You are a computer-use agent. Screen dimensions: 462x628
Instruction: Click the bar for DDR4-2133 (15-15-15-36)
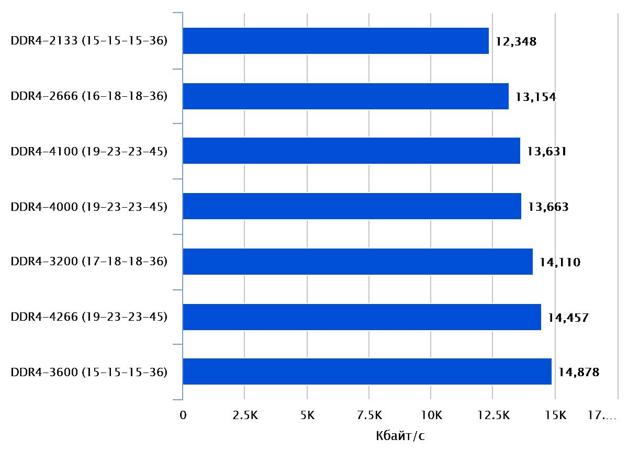point(335,41)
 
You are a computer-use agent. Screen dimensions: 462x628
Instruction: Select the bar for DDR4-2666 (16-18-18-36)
point(345,96)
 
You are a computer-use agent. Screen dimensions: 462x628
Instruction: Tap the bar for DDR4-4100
point(351,151)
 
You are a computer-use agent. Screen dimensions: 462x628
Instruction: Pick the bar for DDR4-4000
point(352,207)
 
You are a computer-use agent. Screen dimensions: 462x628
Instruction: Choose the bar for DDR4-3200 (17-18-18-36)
point(357,262)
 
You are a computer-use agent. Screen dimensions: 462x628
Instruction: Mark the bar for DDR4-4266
point(362,317)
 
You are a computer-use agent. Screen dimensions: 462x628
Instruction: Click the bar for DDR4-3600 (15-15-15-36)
point(367,372)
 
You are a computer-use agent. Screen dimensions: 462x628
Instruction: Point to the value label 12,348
point(516,41)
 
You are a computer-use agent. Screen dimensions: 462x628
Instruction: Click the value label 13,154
point(535,97)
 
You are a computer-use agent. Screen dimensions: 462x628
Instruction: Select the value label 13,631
point(547,152)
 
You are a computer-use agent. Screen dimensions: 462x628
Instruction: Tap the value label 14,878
point(578,373)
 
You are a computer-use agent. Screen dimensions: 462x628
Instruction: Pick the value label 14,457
point(568,318)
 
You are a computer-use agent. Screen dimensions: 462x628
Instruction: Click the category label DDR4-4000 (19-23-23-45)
point(89,207)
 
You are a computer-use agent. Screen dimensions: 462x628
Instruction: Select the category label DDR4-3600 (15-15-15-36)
point(89,373)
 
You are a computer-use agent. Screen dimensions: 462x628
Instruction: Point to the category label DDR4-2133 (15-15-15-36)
point(89,41)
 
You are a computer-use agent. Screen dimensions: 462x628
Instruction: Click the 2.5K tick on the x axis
point(244,416)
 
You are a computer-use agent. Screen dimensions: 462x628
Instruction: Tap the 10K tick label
point(431,416)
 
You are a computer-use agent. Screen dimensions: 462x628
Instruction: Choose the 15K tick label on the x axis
point(555,416)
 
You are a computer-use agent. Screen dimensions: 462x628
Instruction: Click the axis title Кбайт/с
point(400,436)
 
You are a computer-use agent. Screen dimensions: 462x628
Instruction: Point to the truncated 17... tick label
point(602,416)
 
